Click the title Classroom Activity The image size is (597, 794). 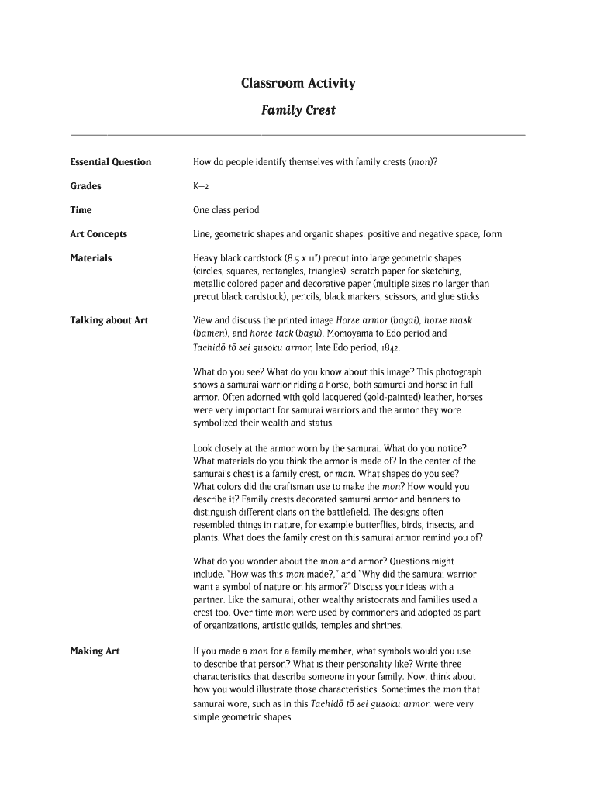[x=298, y=83]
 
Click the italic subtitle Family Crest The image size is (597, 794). [x=298, y=110]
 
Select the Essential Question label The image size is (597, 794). [x=110, y=162]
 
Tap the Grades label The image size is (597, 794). [x=85, y=186]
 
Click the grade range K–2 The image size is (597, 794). [x=200, y=187]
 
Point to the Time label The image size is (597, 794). [x=81, y=210]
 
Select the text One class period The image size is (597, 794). [x=226, y=210]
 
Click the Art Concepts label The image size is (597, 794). [x=98, y=234]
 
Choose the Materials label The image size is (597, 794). [x=91, y=258]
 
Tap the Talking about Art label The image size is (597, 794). [x=109, y=320]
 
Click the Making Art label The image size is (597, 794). [x=95, y=651]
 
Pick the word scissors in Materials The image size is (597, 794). [x=395, y=296]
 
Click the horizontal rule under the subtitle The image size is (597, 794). [x=298, y=135]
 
